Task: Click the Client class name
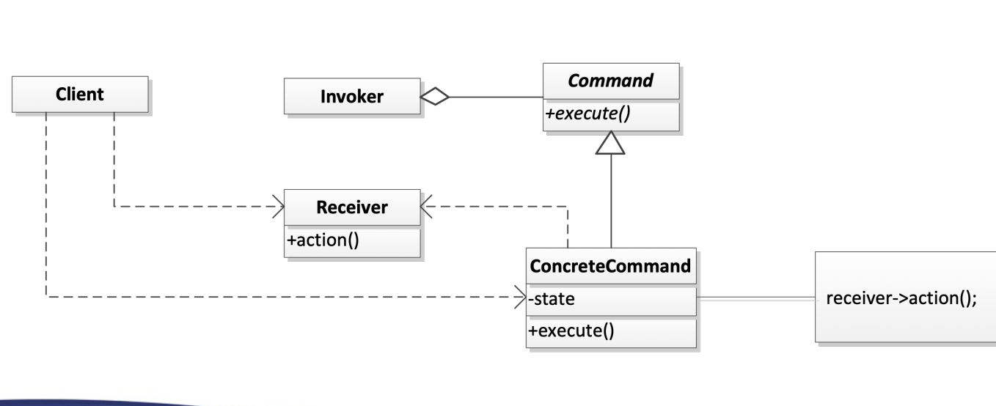pos(80,94)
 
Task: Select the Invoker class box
pos(352,96)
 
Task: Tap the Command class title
pos(610,81)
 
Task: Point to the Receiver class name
pos(352,207)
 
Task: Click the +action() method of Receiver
pos(323,241)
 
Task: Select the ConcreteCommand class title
pos(610,266)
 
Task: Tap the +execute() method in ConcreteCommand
pos(570,331)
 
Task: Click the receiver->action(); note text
pos(901,299)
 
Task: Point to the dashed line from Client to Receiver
pos(191,207)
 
